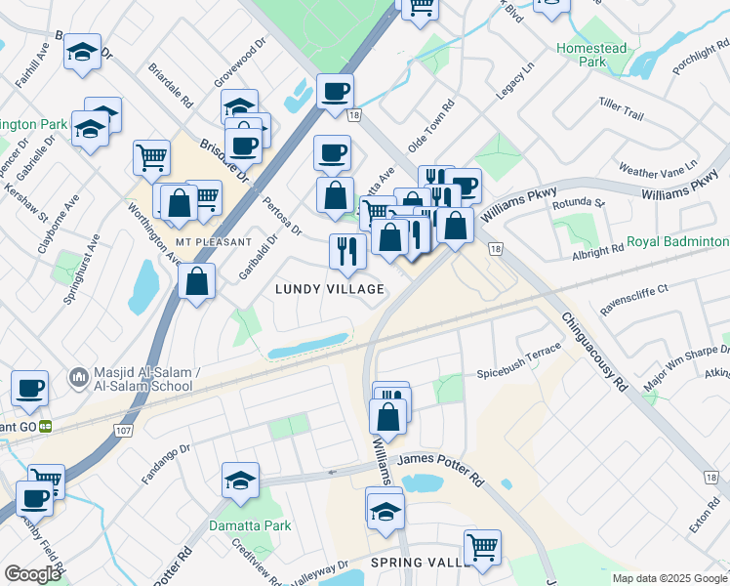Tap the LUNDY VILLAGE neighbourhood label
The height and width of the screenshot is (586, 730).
tap(329, 289)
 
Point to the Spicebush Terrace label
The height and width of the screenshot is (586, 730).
tap(518, 359)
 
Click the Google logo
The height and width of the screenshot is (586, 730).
tap(31, 574)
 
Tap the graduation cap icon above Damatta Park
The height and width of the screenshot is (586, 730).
tap(240, 480)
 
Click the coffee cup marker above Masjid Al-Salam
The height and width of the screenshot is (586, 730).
tap(30, 388)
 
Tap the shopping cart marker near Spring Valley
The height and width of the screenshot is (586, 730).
tap(482, 547)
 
